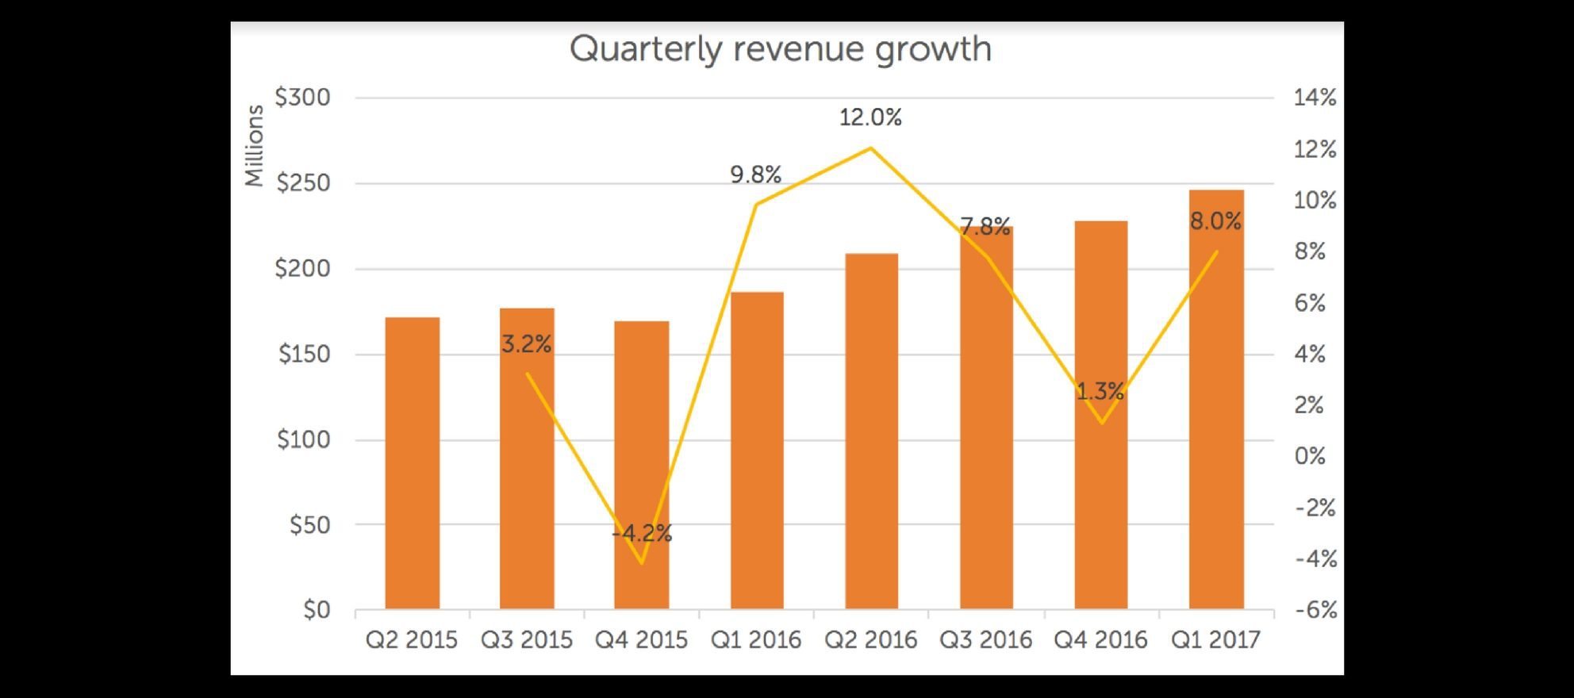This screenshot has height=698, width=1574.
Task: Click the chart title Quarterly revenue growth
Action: [x=781, y=49]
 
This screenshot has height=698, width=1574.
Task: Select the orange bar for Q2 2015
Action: [x=413, y=463]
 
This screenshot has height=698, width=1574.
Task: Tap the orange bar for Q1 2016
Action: [x=757, y=451]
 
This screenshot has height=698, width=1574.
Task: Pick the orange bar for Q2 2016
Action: [x=871, y=431]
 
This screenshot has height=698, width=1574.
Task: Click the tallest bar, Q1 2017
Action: [x=1216, y=400]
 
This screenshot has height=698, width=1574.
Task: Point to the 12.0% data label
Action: [x=870, y=117]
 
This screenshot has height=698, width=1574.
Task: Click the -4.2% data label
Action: [x=642, y=533]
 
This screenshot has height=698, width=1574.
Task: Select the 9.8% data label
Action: [x=755, y=174]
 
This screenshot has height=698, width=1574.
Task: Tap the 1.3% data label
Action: [x=1100, y=391]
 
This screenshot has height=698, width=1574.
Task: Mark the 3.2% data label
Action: [x=526, y=344]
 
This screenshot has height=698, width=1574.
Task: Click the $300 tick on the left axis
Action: [x=302, y=98]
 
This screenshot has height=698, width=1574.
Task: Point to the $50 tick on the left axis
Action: [x=309, y=525]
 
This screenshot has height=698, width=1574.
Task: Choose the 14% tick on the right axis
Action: [x=1315, y=98]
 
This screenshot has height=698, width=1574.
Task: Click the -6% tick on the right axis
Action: [x=1315, y=610]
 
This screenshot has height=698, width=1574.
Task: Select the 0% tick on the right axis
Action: [x=1309, y=456]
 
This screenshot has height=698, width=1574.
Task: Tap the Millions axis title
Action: [x=254, y=146]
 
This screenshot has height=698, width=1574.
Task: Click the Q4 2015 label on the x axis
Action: [x=641, y=640]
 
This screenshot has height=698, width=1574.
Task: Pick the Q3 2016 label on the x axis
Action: [x=985, y=640]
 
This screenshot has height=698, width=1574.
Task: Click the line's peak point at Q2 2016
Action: [x=871, y=148]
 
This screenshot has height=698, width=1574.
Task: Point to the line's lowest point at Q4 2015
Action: [x=642, y=563]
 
